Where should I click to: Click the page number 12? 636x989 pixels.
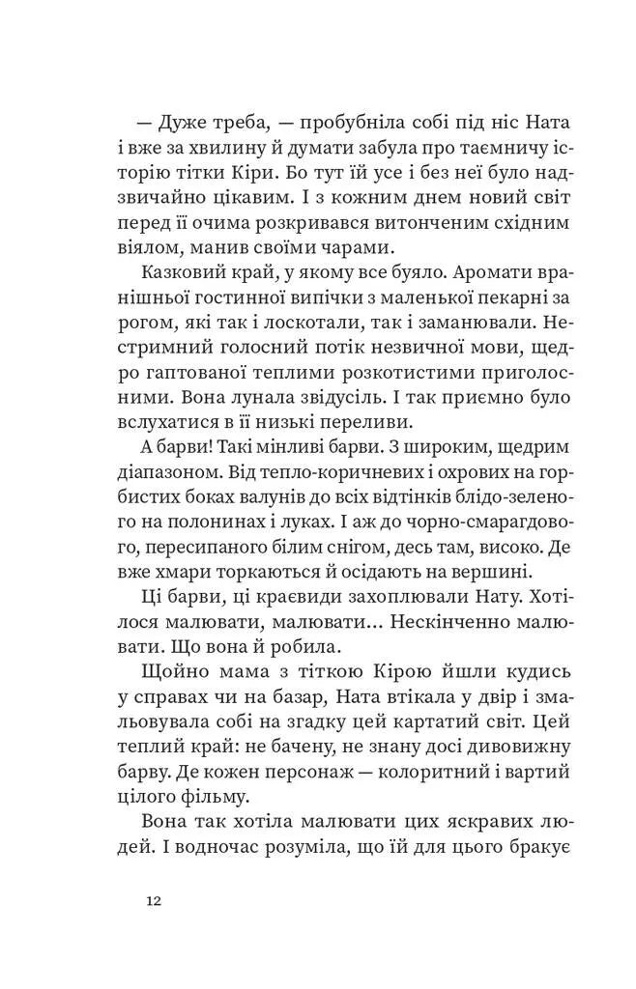point(154,901)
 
